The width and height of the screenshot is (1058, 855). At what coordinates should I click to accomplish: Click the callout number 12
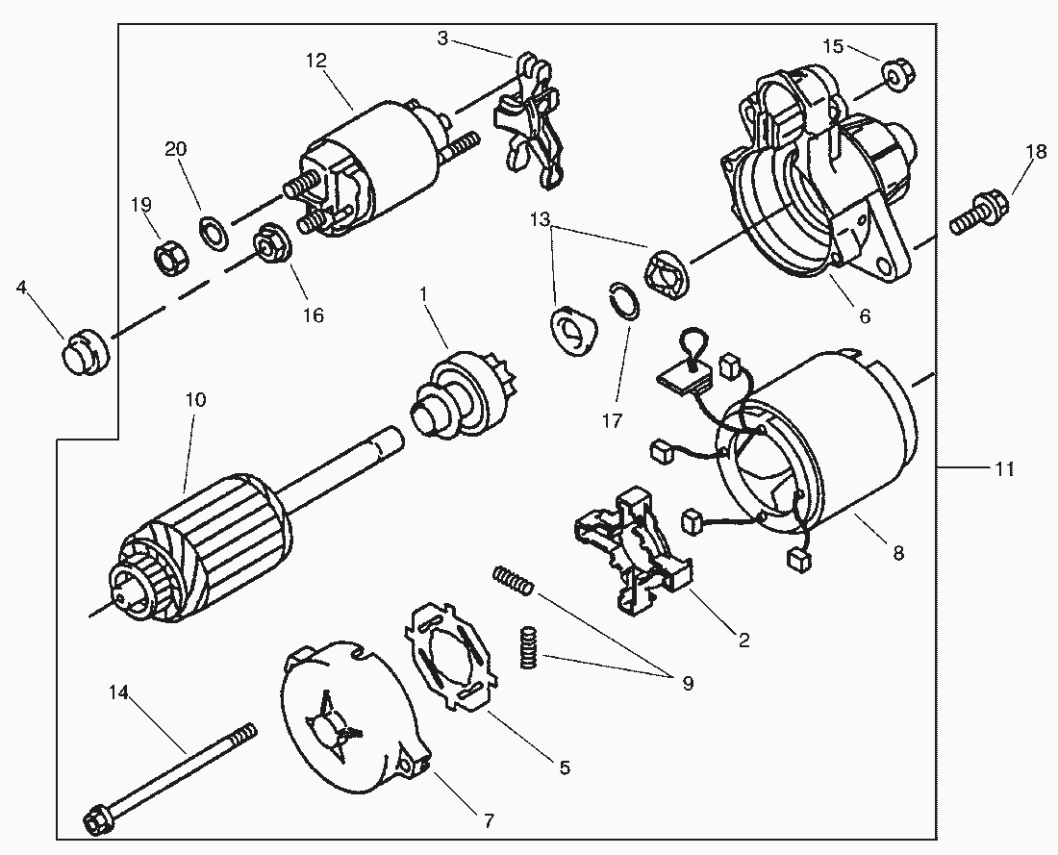[315, 61]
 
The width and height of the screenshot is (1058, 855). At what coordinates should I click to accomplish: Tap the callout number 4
[21, 288]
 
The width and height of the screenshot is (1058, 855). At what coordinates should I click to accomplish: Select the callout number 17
[612, 421]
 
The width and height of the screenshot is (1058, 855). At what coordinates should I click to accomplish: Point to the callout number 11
[1004, 468]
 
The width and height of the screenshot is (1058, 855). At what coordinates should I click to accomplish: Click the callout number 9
[688, 684]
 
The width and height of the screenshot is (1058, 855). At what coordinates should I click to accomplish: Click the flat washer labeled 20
[214, 231]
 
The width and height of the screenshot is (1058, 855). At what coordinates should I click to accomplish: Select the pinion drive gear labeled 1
[460, 399]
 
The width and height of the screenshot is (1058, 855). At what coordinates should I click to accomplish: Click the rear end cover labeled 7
[354, 717]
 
